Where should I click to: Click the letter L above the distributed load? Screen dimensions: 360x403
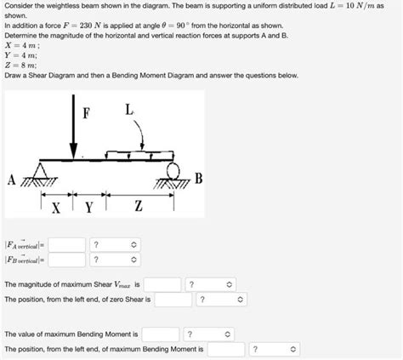(x=128, y=110)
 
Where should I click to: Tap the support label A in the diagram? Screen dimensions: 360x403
(x=11, y=180)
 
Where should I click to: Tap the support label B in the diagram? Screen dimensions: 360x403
(x=199, y=178)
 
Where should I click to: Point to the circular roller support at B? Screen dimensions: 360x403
(x=174, y=169)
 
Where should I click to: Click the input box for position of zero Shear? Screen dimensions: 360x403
(x=173, y=300)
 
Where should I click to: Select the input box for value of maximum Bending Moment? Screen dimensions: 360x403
(x=161, y=334)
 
